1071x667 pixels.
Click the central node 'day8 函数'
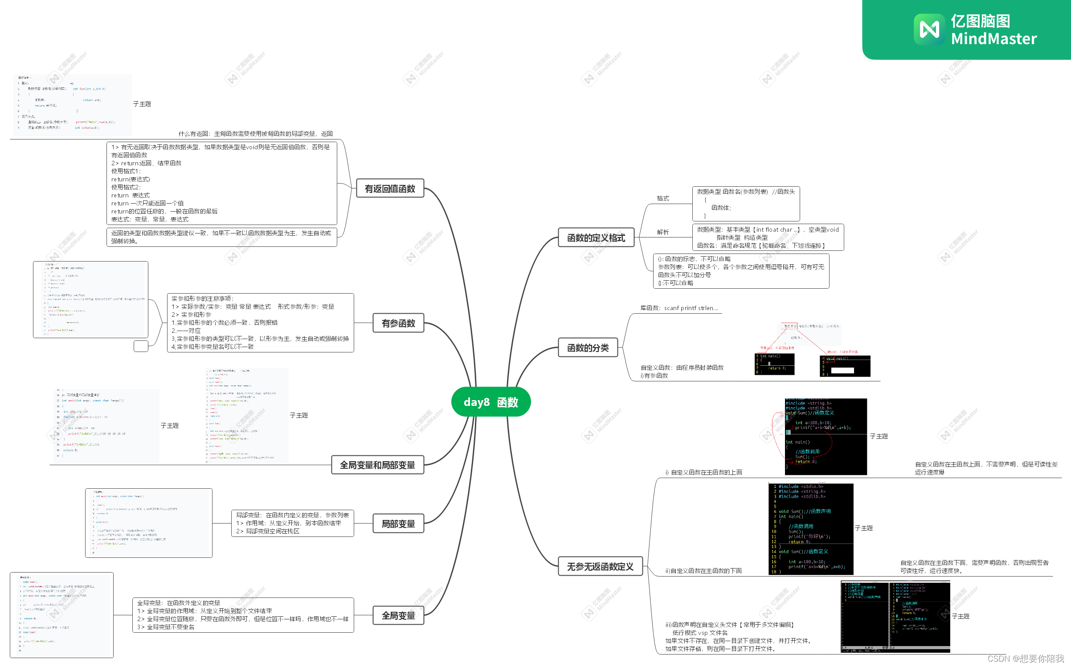pos(491,402)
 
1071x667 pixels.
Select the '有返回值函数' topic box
pos(390,188)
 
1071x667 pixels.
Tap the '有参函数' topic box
pos(398,323)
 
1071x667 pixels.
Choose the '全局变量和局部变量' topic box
pos(377,465)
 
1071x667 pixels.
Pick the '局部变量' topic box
pos(398,524)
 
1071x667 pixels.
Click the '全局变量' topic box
pos(398,615)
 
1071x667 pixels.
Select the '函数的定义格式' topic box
pos(596,237)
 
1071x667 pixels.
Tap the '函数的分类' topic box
pos(588,348)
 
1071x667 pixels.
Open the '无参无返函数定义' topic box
pos(600,566)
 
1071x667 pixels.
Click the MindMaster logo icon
pos(929,29)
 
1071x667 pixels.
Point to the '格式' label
pos(663,198)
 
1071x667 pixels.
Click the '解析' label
pos(663,232)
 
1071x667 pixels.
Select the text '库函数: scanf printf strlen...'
pos(679,308)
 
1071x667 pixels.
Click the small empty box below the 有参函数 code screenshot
pos(141,346)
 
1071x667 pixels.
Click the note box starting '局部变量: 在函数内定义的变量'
pos(292,523)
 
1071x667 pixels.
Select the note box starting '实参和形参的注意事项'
pos(260,323)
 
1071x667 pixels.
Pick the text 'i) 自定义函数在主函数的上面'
pos(704,472)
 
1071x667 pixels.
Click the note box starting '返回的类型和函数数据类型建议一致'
pos(221,237)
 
